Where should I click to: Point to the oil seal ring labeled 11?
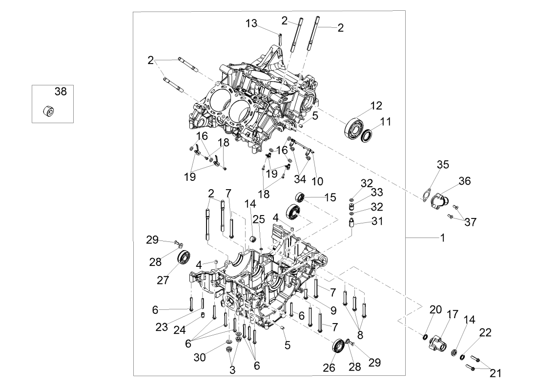click(x=368, y=134)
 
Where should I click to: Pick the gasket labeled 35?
click(x=428, y=195)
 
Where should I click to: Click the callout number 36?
click(x=464, y=181)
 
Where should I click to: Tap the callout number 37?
click(x=471, y=222)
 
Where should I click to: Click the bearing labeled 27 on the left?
click(x=184, y=257)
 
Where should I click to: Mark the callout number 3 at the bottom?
click(x=232, y=370)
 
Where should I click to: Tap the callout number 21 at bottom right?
click(x=496, y=373)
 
